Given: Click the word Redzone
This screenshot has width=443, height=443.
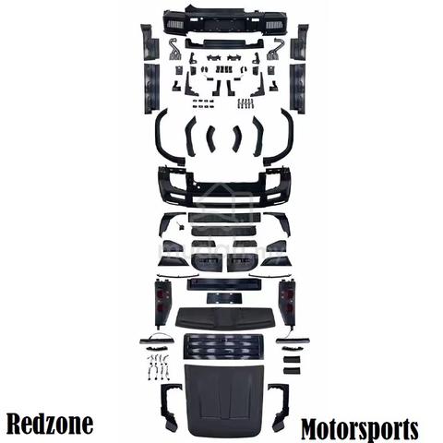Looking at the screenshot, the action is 50,425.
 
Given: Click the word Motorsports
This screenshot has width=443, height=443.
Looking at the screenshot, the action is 359,429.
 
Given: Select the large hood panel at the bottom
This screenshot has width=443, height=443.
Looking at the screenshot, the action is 223,401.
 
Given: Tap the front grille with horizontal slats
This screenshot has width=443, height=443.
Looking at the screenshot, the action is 223,346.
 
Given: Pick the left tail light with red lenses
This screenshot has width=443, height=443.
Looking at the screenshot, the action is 162,303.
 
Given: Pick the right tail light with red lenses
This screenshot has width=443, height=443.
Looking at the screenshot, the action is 287,303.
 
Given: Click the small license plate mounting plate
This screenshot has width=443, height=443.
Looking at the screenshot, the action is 224,298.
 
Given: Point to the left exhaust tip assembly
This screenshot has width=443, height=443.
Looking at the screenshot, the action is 174,49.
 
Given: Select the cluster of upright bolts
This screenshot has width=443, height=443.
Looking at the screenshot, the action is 246,103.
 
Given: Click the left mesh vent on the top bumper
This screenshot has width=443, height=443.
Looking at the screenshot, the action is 174,25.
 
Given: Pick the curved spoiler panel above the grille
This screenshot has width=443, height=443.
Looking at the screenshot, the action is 223,317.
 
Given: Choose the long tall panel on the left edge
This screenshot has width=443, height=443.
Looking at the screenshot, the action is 150,89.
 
